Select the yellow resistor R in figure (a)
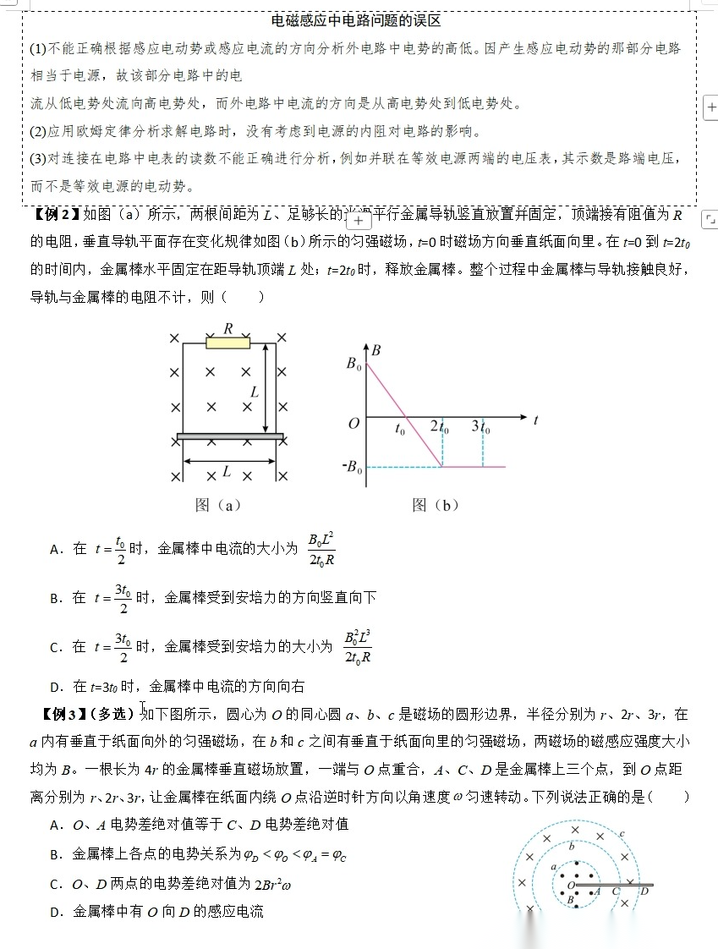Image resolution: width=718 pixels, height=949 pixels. click(x=228, y=343)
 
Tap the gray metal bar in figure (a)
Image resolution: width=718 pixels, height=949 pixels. click(x=230, y=436)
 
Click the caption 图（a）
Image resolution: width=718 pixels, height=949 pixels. click(x=218, y=505)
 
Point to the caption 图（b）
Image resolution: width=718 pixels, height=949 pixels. click(x=435, y=505)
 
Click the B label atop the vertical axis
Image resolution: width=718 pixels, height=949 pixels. click(x=375, y=349)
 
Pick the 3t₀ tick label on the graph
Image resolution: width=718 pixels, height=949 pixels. click(x=481, y=427)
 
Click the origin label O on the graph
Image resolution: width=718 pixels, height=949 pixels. click(x=354, y=423)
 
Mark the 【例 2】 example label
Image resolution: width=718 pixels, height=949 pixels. click(x=56, y=214)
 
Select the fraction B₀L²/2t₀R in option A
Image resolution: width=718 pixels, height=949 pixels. click(x=321, y=549)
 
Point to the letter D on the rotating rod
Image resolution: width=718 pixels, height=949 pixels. click(x=644, y=891)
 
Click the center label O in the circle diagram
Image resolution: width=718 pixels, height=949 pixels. click(x=571, y=885)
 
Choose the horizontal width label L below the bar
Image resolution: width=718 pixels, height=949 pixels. click(x=227, y=472)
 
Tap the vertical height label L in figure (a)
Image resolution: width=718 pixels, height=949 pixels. click(x=254, y=392)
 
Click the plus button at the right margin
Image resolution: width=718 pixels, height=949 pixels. click(x=710, y=107)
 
